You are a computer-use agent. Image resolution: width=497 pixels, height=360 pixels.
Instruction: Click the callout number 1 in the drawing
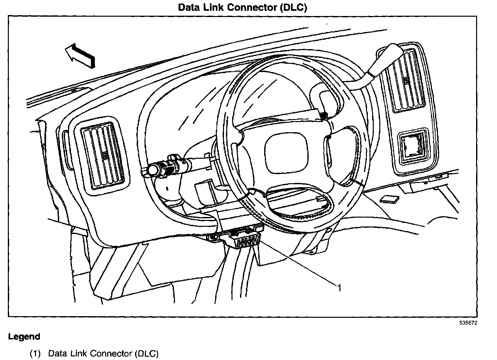[x=339, y=288]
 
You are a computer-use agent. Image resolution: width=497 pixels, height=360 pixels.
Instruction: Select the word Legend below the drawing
[x=24, y=336]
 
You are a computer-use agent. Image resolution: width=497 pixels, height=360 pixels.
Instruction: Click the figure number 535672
[x=469, y=323]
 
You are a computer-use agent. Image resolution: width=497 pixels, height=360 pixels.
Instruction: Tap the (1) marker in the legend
[x=35, y=354]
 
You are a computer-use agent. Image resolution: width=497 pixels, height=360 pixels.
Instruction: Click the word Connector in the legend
[x=111, y=354]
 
